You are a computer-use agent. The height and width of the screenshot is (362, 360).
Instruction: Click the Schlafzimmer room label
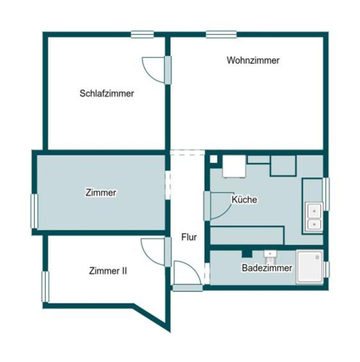[106, 94]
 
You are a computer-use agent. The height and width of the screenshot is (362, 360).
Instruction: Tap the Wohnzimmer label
[253, 61]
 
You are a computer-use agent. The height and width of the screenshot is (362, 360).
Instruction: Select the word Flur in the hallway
[189, 237]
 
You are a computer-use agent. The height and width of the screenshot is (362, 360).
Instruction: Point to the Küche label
[244, 200]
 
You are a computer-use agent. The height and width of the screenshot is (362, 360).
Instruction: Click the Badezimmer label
[266, 268]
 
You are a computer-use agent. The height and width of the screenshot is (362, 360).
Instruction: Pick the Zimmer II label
[108, 271]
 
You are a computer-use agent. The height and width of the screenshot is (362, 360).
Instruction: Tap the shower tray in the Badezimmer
[309, 267]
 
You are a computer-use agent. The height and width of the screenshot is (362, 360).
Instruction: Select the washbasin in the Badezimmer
[270, 255]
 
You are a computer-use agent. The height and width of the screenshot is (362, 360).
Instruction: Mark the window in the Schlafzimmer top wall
[142, 35]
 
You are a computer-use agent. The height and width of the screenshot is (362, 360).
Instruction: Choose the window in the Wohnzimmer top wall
[221, 35]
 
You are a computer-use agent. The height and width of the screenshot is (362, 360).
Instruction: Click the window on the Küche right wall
[326, 194]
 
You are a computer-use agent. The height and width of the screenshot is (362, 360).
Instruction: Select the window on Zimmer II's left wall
[45, 286]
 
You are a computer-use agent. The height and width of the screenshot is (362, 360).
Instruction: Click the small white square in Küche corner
[213, 159]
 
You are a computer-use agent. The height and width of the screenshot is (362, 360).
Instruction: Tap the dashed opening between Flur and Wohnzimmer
[187, 152]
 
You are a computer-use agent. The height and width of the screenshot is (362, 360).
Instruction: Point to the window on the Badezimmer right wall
[327, 269]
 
